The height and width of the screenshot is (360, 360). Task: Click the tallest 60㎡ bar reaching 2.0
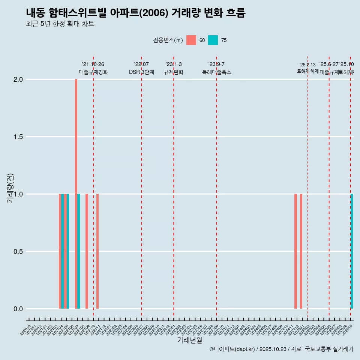point(76,194)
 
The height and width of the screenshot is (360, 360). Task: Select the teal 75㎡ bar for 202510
point(352,251)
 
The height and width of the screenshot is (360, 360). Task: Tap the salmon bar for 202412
point(295,251)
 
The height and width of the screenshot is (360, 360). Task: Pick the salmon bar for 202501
point(301,251)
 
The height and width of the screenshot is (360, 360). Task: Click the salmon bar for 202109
point(87,251)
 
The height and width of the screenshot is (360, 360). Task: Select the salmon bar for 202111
point(97,251)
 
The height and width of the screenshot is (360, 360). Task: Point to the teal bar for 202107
point(79,251)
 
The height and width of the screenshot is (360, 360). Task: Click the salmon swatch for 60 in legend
point(191,40)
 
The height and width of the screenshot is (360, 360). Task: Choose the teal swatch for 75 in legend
point(213,40)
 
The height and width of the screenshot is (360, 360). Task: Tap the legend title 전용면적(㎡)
point(168,40)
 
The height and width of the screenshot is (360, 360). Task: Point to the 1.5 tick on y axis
point(18,137)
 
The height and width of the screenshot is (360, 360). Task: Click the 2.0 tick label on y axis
point(18,79)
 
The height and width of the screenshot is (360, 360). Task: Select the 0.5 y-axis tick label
point(18,252)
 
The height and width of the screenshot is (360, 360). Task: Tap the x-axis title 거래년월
point(189,340)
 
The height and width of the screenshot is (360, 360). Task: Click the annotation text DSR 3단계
point(141,72)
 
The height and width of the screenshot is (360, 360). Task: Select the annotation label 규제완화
point(174,72)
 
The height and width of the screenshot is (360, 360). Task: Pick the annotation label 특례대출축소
point(216,72)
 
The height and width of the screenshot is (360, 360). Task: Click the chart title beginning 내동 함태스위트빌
point(136,13)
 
